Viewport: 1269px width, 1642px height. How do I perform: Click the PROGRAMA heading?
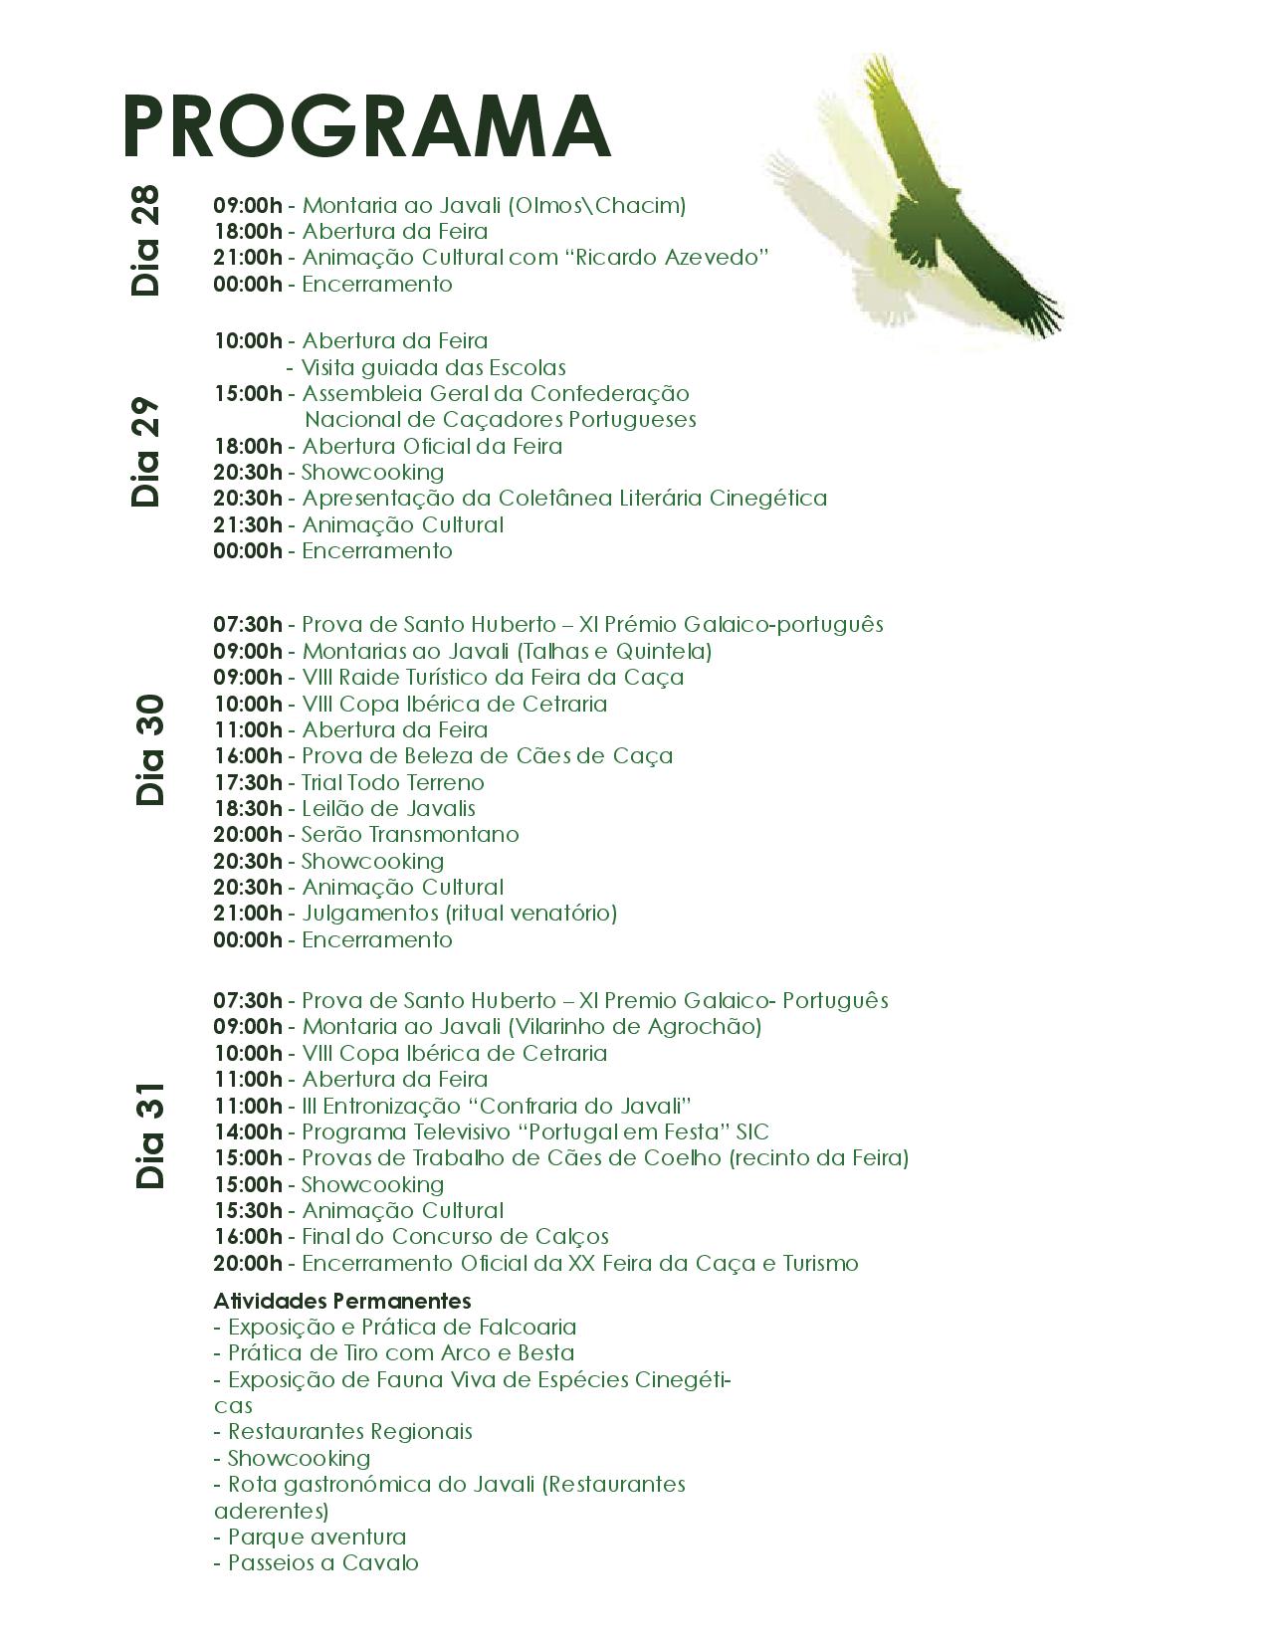click(365, 125)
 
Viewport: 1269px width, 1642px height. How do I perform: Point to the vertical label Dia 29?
click(145, 453)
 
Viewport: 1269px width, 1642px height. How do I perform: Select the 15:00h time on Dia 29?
click(248, 393)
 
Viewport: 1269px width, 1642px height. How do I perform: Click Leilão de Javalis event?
click(388, 808)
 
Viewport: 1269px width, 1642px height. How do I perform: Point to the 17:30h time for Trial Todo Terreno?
click(248, 782)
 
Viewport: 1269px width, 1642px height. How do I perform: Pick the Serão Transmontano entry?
click(410, 834)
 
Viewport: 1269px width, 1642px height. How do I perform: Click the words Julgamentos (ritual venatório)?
click(459, 913)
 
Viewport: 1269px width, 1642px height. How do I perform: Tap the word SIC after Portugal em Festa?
click(752, 1131)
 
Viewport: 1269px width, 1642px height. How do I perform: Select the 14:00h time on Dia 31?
click(248, 1131)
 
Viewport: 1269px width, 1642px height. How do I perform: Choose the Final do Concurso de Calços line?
click(455, 1236)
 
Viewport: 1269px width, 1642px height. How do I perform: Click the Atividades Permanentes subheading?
click(342, 1301)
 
